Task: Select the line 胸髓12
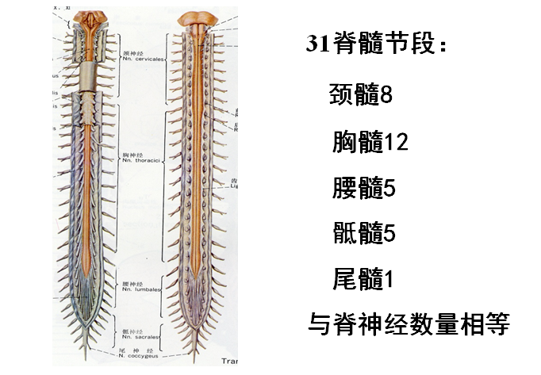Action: (370, 143)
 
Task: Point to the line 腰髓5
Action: (363, 189)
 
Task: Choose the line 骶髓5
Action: (363, 234)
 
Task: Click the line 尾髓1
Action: (363, 279)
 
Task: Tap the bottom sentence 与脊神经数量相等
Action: (408, 325)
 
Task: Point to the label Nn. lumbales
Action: (139, 289)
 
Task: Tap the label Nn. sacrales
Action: (140, 336)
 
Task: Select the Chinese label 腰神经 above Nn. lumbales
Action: (131, 281)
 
